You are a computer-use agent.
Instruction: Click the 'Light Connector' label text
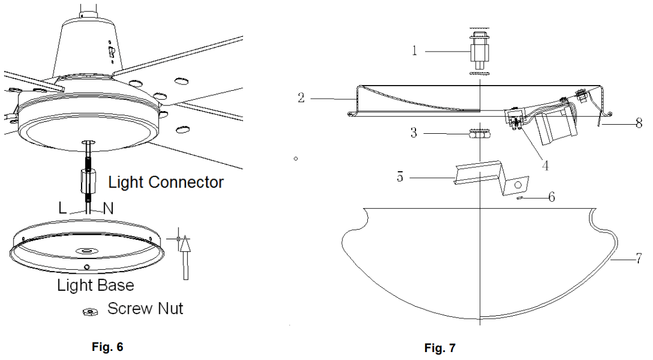tap(166, 182)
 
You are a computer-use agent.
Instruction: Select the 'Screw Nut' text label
tap(145, 309)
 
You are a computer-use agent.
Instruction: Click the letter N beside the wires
tap(108, 208)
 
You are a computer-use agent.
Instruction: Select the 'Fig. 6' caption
tap(107, 347)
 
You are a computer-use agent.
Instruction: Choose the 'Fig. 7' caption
tap(439, 348)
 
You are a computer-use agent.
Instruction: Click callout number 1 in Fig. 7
tap(414, 52)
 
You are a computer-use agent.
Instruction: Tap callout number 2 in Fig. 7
tap(301, 98)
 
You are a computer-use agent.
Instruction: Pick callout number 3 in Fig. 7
tap(414, 134)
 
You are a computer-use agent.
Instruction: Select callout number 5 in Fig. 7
tap(400, 177)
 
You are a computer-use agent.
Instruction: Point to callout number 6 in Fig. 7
tap(551, 197)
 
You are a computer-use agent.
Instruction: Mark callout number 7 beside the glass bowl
tap(638, 260)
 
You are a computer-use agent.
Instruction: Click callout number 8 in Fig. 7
tap(639, 123)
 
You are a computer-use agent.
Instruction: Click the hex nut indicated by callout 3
tap(479, 134)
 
